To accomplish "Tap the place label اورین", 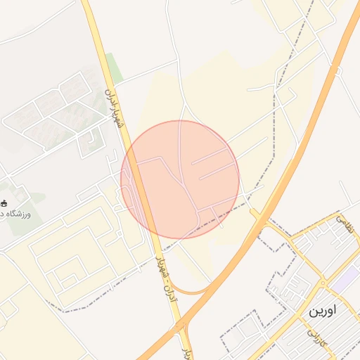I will pyautogui.click(x=322, y=310).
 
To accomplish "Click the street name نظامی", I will pyautogui.click(x=345, y=224).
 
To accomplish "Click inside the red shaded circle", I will pyautogui.click(x=180, y=179).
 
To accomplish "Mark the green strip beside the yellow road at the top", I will pyautogui.click(x=113, y=67).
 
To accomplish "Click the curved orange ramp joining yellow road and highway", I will pyautogui.click(x=190, y=291).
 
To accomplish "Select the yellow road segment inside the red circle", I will pyautogui.click(x=139, y=183).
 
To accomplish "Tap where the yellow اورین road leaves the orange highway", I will pyautogui.click(x=257, y=214).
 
